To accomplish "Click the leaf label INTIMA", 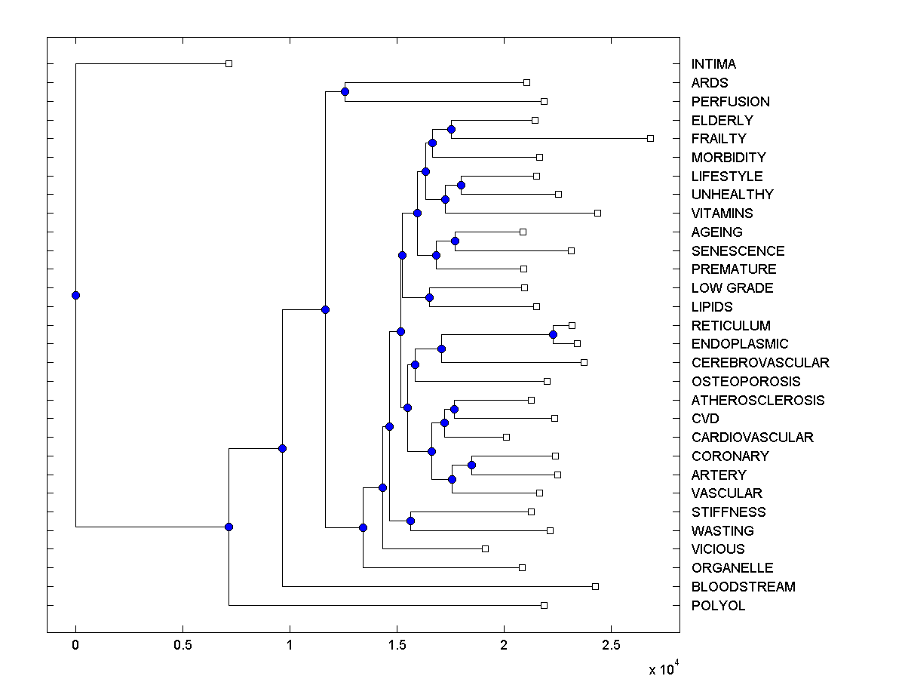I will [x=713, y=64].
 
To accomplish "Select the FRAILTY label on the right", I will [x=719, y=139].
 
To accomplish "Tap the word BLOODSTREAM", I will [x=743, y=587].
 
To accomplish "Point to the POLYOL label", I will [x=718, y=606].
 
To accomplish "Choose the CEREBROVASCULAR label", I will [x=760, y=363].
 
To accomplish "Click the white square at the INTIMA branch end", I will [x=229, y=64].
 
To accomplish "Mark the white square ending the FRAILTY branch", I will [x=650, y=139].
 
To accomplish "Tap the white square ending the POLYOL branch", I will [x=544, y=606].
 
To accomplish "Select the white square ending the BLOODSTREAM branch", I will [x=595, y=587].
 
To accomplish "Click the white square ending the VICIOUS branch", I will [x=485, y=549].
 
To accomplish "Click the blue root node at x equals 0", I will [x=75, y=295].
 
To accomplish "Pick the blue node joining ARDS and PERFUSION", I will [x=345, y=92].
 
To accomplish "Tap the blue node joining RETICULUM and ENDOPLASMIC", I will [x=553, y=334].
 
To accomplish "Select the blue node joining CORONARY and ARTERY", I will [x=471, y=465].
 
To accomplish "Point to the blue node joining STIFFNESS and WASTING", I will [x=411, y=521].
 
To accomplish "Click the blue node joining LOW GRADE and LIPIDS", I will [x=429, y=297].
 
